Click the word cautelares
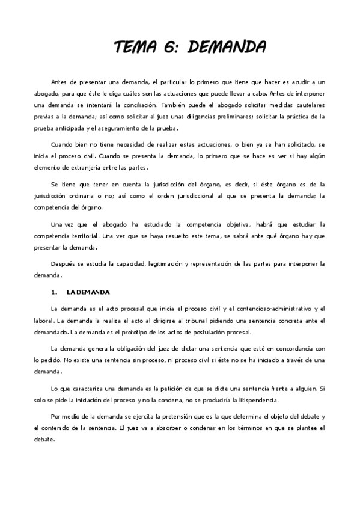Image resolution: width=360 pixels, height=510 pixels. [x=310, y=105]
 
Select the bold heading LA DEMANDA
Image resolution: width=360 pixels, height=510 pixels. [x=88, y=292]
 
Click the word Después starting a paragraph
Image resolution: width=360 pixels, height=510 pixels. [x=64, y=263]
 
